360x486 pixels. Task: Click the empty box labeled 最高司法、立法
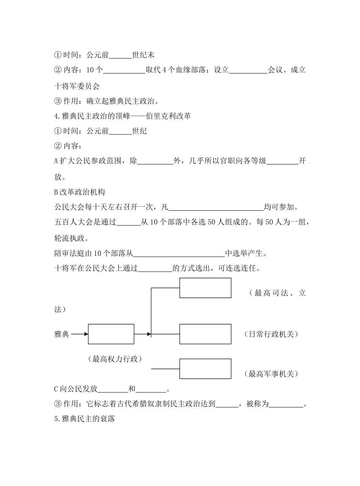[x=205, y=288]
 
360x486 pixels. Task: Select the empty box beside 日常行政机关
[x=205, y=334]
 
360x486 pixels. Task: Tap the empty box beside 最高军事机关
[x=205, y=369]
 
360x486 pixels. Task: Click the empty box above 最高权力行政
[x=111, y=334]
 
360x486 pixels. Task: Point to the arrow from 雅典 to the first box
[x=80, y=334]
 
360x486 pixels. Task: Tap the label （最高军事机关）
[x=271, y=374]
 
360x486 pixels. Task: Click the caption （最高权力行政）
[x=115, y=359]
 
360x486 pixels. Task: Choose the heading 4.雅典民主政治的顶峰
[x=122, y=116]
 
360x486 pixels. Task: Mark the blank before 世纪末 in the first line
[x=120, y=55]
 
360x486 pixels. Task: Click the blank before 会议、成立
[x=248, y=70]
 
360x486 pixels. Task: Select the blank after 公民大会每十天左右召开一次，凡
[x=216, y=207]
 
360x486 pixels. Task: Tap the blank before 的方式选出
[x=155, y=269]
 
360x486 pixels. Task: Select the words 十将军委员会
[x=77, y=86]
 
